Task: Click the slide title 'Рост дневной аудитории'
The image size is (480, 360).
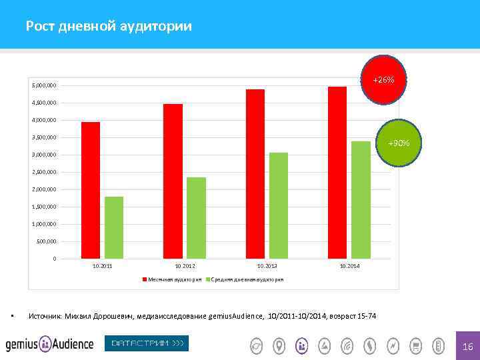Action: [109, 27]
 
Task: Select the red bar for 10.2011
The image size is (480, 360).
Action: [91, 190]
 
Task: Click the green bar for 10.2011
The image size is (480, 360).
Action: [114, 227]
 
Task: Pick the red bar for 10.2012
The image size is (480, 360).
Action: [173, 181]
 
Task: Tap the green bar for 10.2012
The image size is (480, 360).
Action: [197, 218]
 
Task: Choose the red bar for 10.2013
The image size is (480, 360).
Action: [255, 173]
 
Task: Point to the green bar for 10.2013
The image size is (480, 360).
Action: [279, 205]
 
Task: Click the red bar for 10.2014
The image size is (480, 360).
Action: [337, 172]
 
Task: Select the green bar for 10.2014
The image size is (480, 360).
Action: [361, 200]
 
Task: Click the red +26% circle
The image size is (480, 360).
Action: [383, 80]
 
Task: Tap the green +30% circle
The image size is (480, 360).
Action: [400, 143]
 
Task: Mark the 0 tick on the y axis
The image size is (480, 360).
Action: [55, 259]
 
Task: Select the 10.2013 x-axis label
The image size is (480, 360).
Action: [267, 266]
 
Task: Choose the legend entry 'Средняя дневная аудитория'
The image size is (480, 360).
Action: [247, 279]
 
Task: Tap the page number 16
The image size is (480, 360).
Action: [467, 347]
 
